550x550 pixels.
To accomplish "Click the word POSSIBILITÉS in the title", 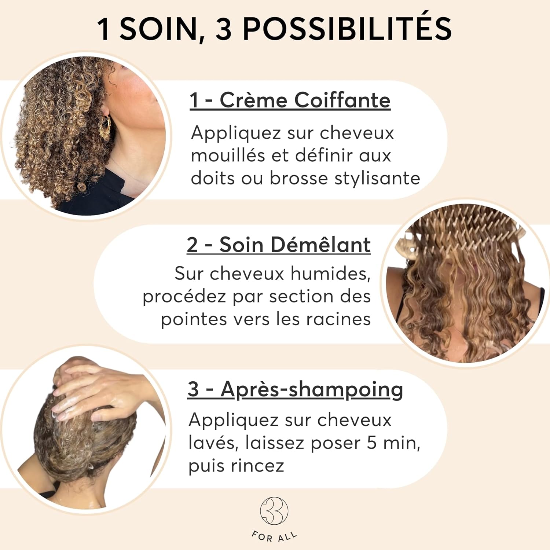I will [x=347, y=29].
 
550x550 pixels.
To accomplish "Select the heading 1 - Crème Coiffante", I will [x=290, y=100].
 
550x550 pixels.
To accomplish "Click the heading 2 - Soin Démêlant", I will [x=279, y=245].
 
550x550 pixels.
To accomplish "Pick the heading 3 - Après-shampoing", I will [x=295, y=389].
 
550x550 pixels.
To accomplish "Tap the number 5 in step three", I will [x=371, y=443].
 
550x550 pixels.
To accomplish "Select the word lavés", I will [x=214, y=443].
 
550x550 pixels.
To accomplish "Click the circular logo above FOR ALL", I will [x=274, y=511].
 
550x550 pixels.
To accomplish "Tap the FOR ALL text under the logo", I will [x=274, y=536].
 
